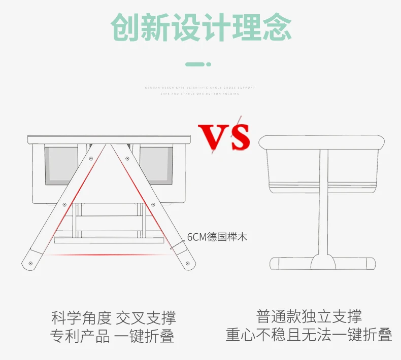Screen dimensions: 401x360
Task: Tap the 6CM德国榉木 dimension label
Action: point(217,237)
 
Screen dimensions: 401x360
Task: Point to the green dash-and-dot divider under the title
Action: point(198,64)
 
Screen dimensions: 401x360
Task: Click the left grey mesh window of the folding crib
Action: point(60,165)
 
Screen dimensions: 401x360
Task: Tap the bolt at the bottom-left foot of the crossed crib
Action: point(31,264)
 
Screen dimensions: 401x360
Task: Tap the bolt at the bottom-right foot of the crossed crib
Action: point(189,264)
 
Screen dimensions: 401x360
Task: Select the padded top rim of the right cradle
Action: point(321,141)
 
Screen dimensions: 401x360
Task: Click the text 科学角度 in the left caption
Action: point(81,318)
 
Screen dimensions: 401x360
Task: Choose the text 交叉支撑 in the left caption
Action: point(146,318)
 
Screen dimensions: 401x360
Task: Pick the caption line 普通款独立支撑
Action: point(309,317)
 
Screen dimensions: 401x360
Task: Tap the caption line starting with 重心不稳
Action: point(309,335)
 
